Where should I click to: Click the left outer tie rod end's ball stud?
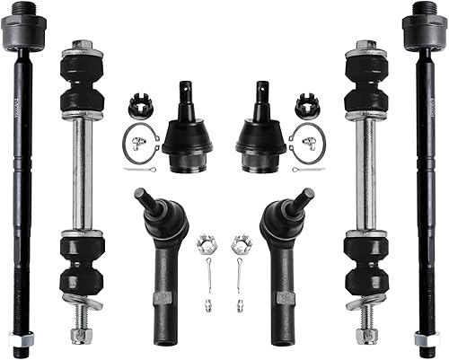click(145, 199)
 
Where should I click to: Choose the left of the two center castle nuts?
click(207, 243)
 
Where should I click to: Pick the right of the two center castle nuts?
click(240, 243)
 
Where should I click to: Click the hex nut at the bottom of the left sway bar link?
click(81, 335)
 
